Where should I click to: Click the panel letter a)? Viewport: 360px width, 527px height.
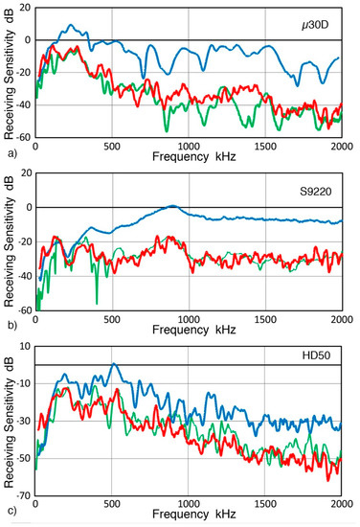[x=9, y=153]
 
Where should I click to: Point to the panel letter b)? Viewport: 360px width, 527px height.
[x=9, y=326]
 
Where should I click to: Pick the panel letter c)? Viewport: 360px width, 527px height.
[x=9, y=511]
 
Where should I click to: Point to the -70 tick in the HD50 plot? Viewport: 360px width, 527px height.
[x=21, y=495]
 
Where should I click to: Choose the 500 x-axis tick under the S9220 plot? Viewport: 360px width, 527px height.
[x=112, y=319]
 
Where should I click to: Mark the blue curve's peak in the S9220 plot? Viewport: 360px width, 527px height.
[x=172, y=206]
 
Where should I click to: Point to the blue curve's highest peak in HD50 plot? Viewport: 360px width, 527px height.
[x=114, y=364]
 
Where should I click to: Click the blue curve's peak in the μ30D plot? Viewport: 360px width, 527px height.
[x=70, y=26]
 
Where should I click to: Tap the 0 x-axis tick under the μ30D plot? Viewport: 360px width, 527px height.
[x=35, y=147]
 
